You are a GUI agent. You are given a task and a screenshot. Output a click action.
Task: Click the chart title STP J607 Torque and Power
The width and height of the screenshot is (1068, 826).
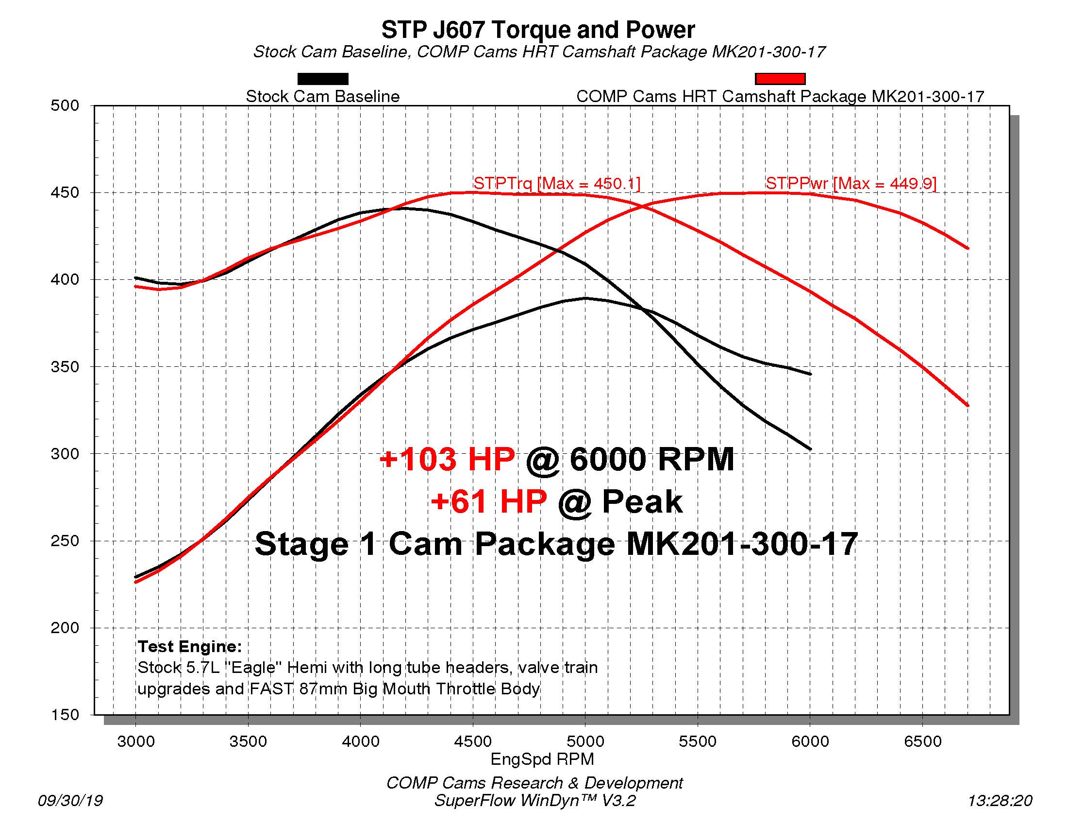click(538, 30)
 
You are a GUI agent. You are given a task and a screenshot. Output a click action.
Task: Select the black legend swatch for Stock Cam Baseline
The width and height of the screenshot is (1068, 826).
click(323, 79)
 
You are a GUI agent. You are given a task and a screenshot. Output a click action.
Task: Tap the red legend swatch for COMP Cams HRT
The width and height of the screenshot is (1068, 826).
click(780, 79)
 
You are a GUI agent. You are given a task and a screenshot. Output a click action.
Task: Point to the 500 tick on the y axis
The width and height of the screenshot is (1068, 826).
click(65, 106)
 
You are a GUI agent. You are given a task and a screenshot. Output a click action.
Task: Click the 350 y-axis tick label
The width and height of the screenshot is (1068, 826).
click(65, 366)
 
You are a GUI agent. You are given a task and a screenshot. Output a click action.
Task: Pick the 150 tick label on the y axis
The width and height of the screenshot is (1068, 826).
click(65, 715)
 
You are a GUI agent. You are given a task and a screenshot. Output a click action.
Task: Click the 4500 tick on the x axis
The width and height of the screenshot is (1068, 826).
click(472, 741)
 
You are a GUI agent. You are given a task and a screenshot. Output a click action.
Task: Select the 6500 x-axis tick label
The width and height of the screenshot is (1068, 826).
click(922, 741)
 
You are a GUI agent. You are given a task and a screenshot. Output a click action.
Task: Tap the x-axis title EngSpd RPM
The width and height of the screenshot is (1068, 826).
click(542, 759)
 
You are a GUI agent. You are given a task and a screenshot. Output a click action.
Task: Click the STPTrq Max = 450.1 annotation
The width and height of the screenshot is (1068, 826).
click(556, 184)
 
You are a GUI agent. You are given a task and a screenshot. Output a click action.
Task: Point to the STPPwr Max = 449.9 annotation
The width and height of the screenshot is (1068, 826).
click(851, 184)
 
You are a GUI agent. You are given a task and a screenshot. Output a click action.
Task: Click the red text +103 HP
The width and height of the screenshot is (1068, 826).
click(447, 460)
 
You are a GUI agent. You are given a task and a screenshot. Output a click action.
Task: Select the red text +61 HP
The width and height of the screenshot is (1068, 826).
click(488, 502)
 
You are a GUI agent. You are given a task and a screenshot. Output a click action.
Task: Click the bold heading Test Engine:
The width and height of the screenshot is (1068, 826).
click(190, 646)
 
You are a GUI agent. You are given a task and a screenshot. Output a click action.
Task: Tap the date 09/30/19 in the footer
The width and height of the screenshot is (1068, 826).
click(70, 801)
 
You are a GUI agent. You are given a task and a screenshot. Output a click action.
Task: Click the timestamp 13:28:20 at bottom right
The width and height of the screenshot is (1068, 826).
click(1000, 801)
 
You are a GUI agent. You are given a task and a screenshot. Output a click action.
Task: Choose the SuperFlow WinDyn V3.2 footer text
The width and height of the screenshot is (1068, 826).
click(534, 801)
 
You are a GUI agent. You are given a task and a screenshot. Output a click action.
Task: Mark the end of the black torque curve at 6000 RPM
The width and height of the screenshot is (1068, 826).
click(810, 449)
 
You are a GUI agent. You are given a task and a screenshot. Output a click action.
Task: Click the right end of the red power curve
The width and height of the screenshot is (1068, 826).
click(967, 248)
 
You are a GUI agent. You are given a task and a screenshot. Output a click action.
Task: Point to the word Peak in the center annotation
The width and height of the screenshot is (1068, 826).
click(642, 502)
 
